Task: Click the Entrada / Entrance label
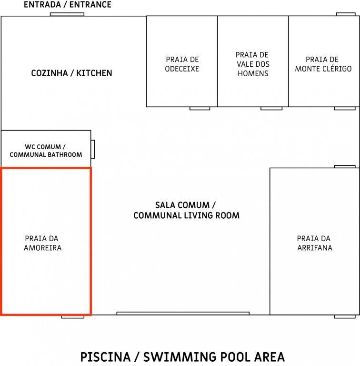68,5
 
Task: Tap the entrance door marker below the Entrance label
67,14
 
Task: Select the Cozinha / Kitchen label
71,73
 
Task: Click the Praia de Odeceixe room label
182,64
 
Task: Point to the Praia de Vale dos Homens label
253,64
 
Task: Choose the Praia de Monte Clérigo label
323,64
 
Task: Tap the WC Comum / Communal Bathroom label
46,151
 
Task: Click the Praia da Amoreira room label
42,243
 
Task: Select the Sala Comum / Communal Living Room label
186,210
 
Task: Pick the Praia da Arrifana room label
315,243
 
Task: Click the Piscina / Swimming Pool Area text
182,357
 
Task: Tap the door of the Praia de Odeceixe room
200,109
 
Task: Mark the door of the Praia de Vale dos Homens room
271,109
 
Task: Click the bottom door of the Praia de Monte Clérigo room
345,109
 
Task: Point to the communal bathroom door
93,149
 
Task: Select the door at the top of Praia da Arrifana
345,167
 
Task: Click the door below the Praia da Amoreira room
73,317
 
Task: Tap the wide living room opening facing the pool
183,313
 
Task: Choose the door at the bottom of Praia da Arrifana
345,317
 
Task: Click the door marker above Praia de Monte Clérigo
346,14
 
